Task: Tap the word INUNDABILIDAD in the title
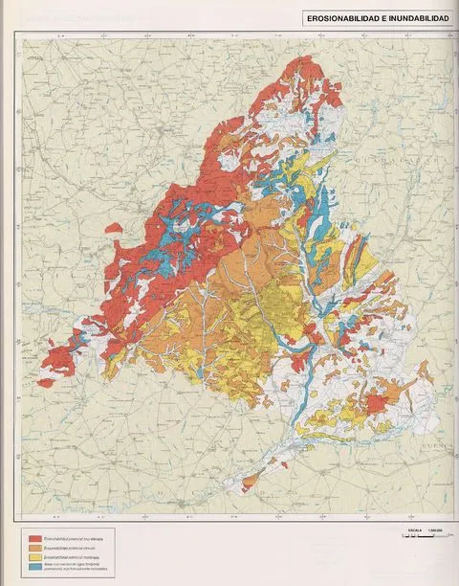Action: point(414,17)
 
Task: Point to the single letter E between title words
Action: point(380,17)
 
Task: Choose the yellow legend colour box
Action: point(34,557)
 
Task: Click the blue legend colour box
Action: point(34,567)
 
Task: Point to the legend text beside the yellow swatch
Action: point(76,557)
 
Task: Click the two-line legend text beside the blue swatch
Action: point(81,567)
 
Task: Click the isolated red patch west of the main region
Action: point(114,229)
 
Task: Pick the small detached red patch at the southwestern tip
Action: point(45,383)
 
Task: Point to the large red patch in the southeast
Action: point(375,403)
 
